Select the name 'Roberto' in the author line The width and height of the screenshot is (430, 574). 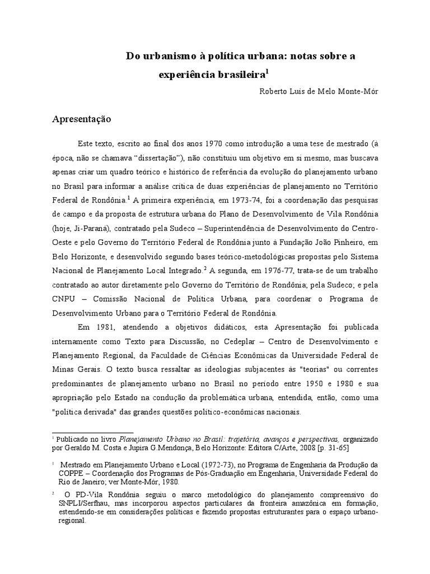pyautogui.click(x=273, y=92)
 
